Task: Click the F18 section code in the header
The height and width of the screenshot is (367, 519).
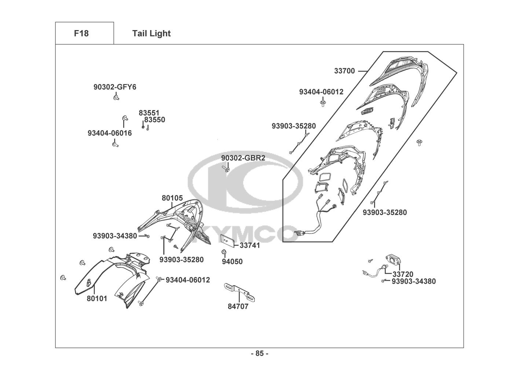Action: point(81,33)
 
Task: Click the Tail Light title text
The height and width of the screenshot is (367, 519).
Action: point(151,33)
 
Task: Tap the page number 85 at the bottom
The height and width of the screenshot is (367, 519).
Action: point(259,354)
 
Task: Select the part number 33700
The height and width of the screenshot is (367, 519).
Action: point(344,71)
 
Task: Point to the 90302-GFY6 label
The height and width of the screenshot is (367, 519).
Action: point(115,87)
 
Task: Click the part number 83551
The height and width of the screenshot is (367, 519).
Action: point(149,113)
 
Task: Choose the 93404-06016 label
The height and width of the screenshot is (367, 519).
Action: point(109,133)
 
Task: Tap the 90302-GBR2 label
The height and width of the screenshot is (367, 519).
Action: point(243,158)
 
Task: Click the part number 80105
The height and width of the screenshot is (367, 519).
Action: point(172,198)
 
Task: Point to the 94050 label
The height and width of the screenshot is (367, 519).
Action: point(232,262)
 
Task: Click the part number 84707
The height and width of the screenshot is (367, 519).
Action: point(238,306)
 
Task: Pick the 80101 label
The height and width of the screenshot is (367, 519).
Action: point(97,298)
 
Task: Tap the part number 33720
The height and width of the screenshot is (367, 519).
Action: point(403,274)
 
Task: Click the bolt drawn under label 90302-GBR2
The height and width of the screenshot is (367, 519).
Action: point(225,169)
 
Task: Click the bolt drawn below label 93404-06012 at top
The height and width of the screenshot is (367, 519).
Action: point(322,102)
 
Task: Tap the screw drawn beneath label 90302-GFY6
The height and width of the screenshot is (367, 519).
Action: point(116,98)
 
